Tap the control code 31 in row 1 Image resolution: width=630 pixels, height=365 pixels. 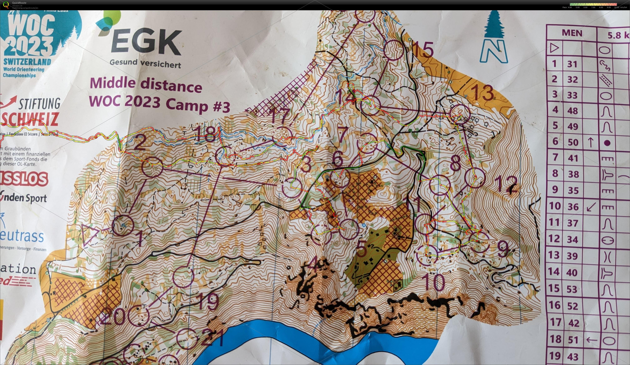pyautogui.click(x=572, y=64)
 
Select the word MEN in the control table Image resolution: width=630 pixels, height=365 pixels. pyautogui.click(x=572, y=33)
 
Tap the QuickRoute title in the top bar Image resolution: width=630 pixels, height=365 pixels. pyautogui.click(x=19, y=3)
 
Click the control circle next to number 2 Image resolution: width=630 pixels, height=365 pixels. pyautogui.click(x=152, y=167)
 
